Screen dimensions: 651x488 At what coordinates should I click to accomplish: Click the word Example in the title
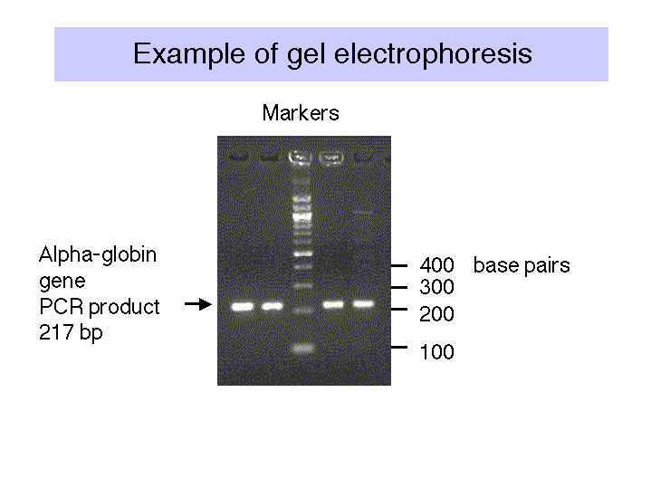coord(189,54)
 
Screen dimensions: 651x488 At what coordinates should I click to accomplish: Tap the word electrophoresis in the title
coord(433,53)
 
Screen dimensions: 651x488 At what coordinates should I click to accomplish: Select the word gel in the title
coord(306,55)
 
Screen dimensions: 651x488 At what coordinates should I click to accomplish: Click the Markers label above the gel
coord(301,113)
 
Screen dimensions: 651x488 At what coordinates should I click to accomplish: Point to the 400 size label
coord(436,265)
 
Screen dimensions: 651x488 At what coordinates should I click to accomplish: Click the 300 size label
coord(436,287)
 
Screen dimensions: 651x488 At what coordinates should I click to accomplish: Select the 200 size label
coord(436,314)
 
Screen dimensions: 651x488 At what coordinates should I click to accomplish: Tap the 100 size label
coord(437,352)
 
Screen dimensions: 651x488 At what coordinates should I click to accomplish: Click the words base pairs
coord(522,266)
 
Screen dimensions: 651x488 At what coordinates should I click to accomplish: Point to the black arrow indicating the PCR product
coord(198,304)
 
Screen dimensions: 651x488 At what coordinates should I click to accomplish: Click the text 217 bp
coord(71,333)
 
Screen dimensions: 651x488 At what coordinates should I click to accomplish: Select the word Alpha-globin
coord(98,254)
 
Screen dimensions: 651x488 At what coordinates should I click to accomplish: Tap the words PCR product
coord(100,307)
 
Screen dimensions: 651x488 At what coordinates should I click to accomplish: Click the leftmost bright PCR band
coord(243,307)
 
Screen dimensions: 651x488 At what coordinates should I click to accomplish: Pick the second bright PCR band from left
coord(272,307)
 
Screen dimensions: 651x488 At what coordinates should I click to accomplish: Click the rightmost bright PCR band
coord(363,304)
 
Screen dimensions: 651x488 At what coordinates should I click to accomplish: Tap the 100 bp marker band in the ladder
coord(302,348)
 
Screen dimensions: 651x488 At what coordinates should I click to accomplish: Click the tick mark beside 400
coord(399,265)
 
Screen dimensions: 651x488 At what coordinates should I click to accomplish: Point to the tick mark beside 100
coord(399,347)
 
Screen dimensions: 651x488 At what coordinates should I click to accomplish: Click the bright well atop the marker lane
coord(301,158)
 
